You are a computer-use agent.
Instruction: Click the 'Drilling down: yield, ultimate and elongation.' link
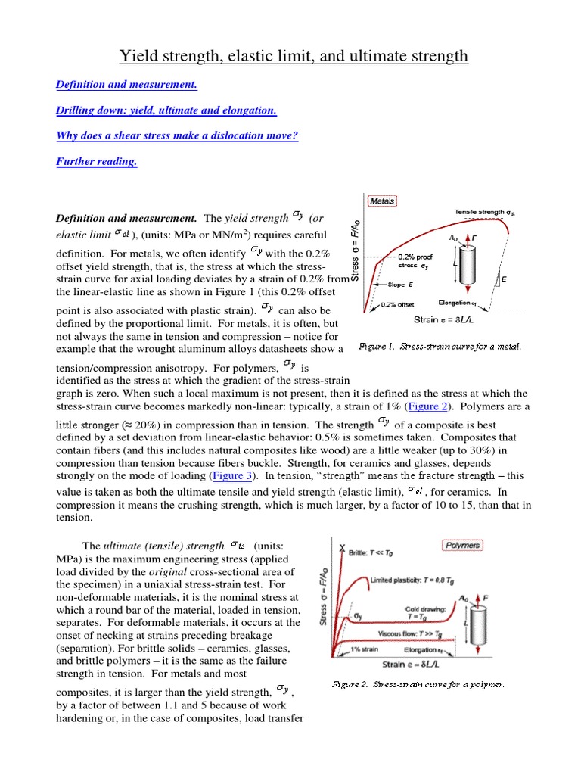pyautogui.click(x=166, y=111)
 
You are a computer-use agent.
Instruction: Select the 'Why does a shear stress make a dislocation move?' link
pyautogui.click(x=177, y=136)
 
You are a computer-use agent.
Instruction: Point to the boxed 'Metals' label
pyautogui.click(x=383, y=201)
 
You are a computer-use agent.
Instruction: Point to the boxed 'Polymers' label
pyautogui.click(x=463, y=544)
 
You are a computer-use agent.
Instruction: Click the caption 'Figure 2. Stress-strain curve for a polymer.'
pyautogui.click(x=418, y=685)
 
